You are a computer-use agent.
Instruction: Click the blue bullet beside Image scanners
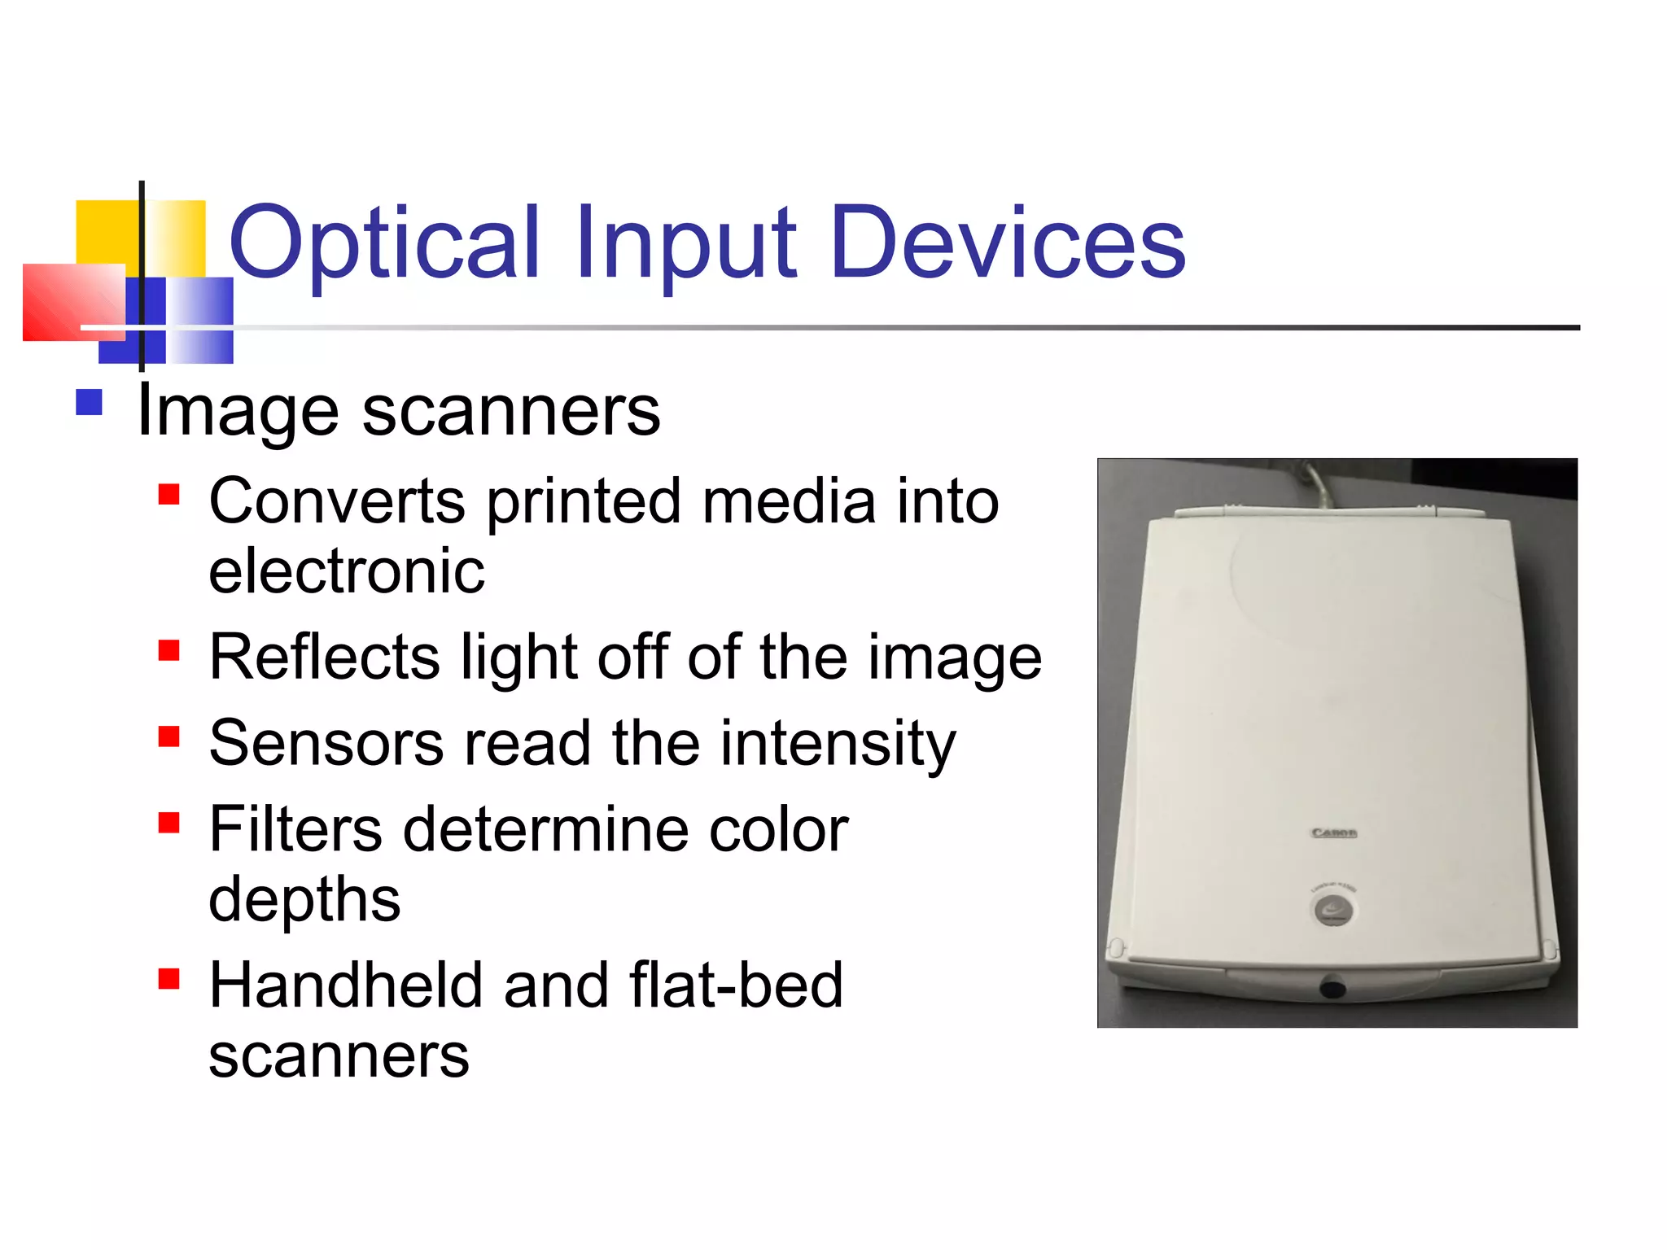(89, 403)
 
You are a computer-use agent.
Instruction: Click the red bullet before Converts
(168, 495)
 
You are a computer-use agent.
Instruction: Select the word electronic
(347, 571)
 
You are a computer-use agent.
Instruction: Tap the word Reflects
(324, 658)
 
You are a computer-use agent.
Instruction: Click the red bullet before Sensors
(168, 736)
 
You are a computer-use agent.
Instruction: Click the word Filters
(295, 830)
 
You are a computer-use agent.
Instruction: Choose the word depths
(304, 902)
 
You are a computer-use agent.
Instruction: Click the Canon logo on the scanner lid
(1334, 833)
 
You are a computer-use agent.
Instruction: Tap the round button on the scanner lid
(1333, 910)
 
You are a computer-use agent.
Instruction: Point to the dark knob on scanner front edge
(1332, 989)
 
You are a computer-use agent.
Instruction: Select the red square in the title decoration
(73, 302)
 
